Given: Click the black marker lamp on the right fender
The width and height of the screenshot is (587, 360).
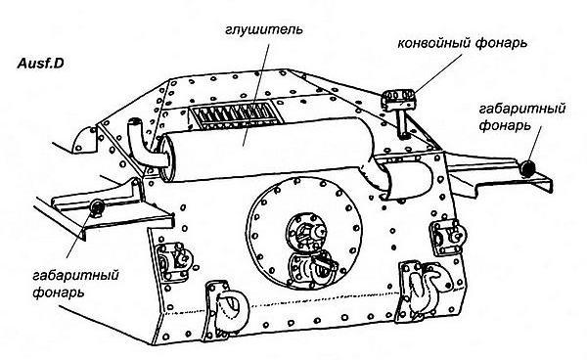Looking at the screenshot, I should pyautogui.click(x=529, y=168).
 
